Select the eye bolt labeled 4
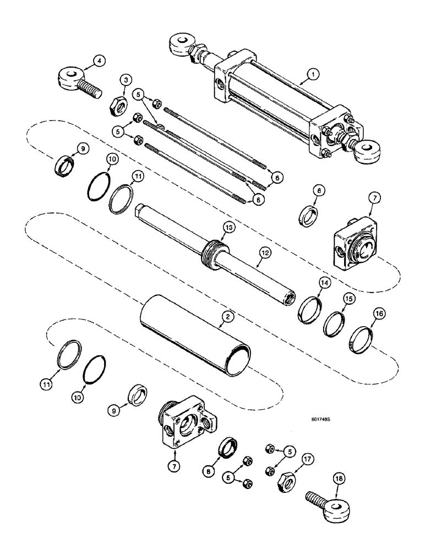coord(78,82)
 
